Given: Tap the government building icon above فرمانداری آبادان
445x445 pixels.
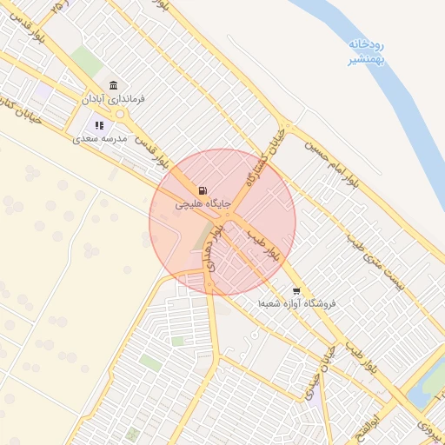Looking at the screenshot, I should point(114,84).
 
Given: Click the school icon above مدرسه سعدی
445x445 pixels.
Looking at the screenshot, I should point(99,125).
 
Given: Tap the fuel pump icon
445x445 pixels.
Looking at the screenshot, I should point(203,190).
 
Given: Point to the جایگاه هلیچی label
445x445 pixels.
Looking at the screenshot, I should point(203,204).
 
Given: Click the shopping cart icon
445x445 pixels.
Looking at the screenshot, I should point(296,291).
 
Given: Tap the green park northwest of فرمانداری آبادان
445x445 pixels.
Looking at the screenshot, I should point(86,60).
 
